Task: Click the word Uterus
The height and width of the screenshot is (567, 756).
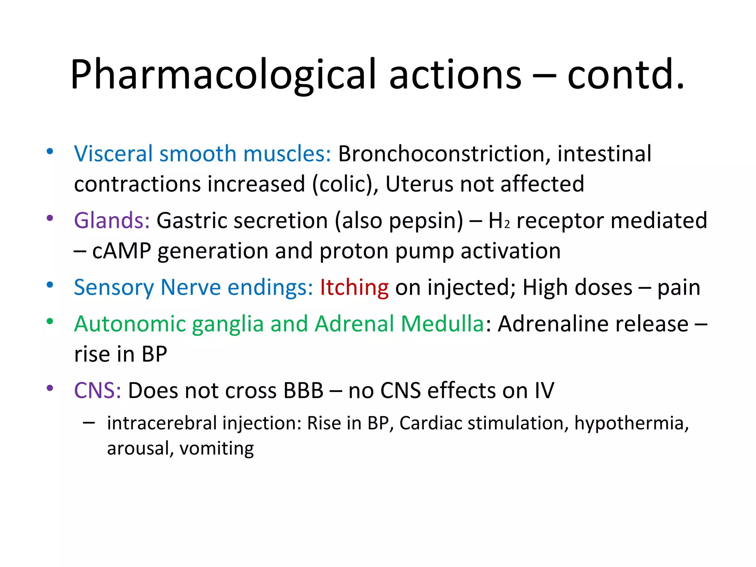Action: coord(419,184)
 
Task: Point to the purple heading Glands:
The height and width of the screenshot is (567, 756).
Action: coord(112,220)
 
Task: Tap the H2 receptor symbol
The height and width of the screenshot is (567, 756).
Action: coord(499,221)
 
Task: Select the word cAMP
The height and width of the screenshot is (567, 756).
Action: coord(121,251)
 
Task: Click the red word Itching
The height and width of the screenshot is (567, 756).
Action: coord(354,287)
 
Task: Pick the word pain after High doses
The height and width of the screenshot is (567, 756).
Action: coord(678,288)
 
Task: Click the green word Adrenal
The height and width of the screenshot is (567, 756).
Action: coord(354,324)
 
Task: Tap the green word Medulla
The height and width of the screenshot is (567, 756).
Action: coord(442,324)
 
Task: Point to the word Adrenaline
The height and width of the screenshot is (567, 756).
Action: coord(556,324)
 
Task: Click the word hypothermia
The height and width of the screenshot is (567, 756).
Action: coord(631,423)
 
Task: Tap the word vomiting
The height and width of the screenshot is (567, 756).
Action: coord(217,449)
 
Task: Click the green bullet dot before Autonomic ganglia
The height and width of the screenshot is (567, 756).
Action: coord(50,321)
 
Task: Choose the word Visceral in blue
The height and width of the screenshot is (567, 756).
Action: coord(113,154)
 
